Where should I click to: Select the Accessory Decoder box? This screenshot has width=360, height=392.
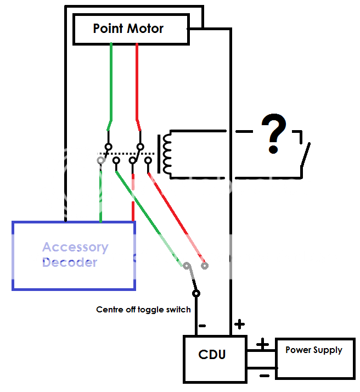[74, 255]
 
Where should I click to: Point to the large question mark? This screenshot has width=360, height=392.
[274, 133]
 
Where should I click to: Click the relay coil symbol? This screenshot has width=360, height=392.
[165, 154]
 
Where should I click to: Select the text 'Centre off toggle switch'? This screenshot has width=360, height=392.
[143, 310]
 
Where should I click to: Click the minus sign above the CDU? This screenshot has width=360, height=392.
[202, 325]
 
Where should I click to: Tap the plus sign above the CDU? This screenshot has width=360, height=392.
[239, 324]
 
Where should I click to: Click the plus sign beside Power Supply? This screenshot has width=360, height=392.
[263, 344]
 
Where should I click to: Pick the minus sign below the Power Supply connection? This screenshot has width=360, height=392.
[263, 376]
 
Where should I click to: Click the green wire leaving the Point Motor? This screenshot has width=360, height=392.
[111, 82]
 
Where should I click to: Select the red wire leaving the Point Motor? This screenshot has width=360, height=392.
[137, 82]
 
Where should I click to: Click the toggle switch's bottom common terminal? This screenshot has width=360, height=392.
[196, 293]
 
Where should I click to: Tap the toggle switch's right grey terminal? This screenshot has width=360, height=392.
[205, 266]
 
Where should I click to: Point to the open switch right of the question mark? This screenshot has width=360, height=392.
[304, 156]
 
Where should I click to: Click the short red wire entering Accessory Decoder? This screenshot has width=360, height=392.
[132, 211]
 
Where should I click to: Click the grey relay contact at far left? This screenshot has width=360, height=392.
[100, 160]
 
